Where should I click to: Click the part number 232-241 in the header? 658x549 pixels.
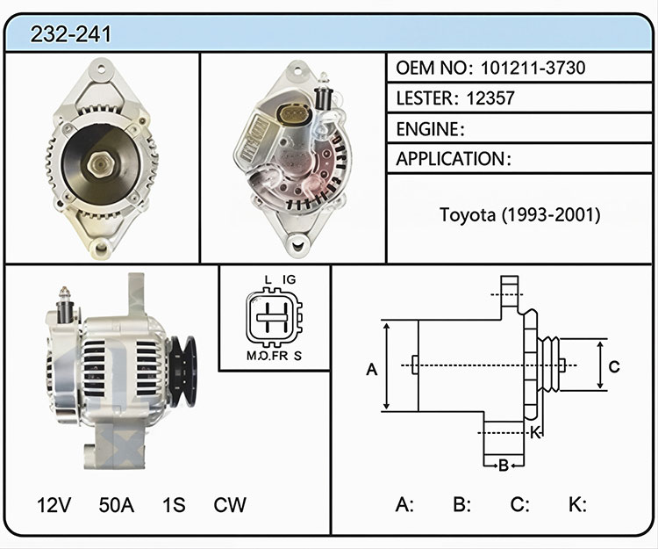(x=70, y=34)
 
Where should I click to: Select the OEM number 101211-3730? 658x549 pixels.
(x=533, y=68)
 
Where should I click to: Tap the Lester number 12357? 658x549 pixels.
(x=490, y=98)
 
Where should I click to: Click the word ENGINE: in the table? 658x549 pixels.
(x=430, y=129)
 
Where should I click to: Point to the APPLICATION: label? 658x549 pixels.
(x=454, y=159)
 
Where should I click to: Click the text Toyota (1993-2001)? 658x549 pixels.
(x=520, y=214)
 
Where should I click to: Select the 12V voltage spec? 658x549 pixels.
(x=54, y=505)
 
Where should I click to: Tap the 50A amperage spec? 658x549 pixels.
(x=116, y=505)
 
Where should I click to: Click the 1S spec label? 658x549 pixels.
(x=174, y=505)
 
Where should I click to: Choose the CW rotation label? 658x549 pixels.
(x=230, y=505)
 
